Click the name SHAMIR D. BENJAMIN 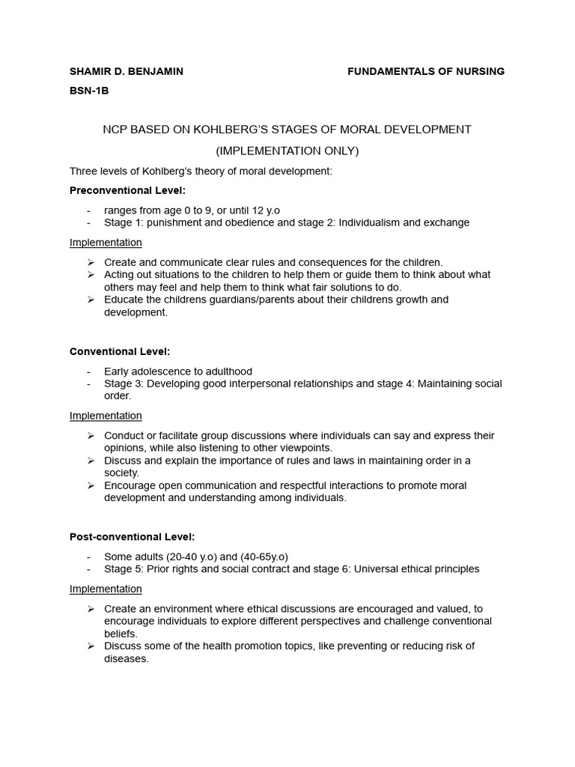point(126,71)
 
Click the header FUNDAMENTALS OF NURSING point(426,71)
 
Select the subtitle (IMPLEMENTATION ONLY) point(287,151)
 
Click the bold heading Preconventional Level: point(127,190)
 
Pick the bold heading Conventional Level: point(120,351)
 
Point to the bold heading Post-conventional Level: point(132,537)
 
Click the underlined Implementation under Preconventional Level point(106,243)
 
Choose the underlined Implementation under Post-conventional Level point(106,589)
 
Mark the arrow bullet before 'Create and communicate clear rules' point(91,262)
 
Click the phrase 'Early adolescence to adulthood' point(178,372)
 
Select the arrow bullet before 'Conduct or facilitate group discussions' point(91,435)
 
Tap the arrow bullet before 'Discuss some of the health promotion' point(91,646)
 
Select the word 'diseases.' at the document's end point(127,659)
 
